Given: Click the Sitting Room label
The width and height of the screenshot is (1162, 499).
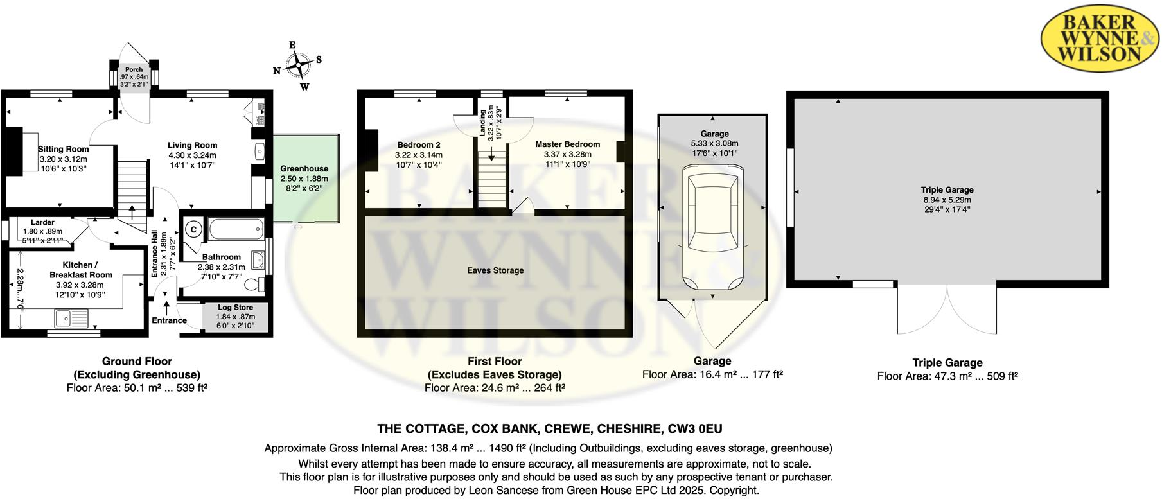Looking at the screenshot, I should pos(63,149).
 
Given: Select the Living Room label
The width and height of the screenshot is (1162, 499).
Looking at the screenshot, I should pos(192,145).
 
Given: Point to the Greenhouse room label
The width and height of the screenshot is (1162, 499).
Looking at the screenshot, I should pos(304,168).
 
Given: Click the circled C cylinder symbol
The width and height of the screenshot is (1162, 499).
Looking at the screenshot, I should pos(193,229).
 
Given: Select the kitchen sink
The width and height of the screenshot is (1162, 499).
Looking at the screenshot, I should pos(71,318).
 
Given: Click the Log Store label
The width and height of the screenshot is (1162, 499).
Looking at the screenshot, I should pos(235,308).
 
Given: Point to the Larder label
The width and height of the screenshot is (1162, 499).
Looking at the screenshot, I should pos(42,222).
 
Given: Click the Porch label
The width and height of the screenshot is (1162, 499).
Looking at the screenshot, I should pos(134,69).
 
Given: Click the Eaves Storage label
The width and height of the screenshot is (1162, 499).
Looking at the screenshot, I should pos(495,270).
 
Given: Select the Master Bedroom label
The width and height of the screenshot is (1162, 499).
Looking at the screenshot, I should pos(567,144).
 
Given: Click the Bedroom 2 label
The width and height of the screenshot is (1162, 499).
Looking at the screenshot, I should pos(418,145).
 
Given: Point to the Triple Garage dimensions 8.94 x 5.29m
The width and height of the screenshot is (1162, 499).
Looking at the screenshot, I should pos(947,200).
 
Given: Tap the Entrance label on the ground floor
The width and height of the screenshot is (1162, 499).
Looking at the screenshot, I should pos(169,320).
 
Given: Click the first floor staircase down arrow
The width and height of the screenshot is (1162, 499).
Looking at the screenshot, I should pos(491,154).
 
